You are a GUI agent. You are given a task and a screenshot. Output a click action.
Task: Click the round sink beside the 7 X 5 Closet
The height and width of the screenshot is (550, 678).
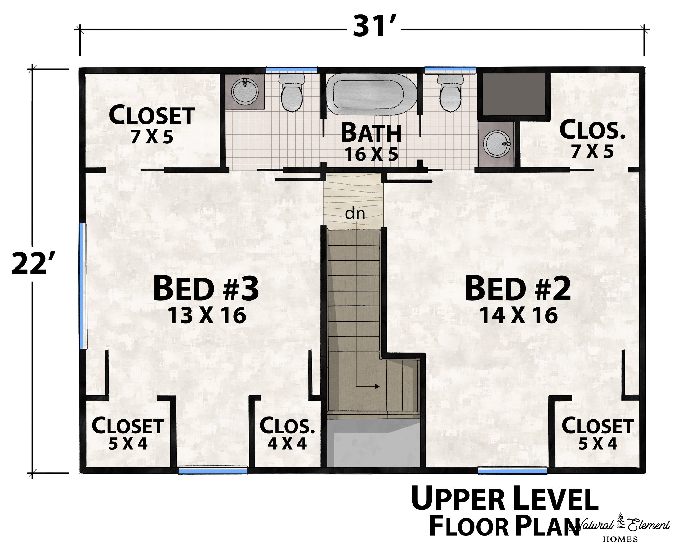245,91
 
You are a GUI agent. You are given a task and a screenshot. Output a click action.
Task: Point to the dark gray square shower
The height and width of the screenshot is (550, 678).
514,95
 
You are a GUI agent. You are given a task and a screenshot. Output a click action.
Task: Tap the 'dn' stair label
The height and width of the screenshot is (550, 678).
355,213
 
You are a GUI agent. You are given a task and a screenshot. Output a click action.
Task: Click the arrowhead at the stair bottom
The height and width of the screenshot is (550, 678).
377,387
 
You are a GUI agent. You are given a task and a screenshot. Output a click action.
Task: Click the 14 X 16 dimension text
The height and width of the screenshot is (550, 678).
519,315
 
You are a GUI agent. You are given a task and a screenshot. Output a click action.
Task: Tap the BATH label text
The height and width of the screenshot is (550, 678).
371,133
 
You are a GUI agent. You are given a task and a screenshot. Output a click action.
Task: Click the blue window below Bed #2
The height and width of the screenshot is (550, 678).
512,471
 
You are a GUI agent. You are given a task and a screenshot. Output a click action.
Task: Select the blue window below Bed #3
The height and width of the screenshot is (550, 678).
213,471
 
